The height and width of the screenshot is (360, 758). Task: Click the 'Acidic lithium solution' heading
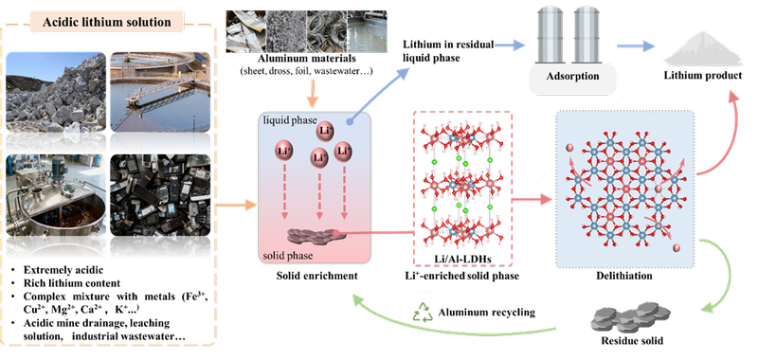tap(107, 22)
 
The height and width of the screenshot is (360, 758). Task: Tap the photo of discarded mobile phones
tap(160, 195)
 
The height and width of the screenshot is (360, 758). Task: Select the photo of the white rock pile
tap(56, 92)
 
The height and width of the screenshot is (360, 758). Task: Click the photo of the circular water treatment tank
tap(160, 92)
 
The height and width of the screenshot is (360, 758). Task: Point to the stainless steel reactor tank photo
tap(56, 195)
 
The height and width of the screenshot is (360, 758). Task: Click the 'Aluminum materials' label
tap(307, 59)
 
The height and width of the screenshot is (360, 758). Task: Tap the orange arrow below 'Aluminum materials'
tap(313, 92)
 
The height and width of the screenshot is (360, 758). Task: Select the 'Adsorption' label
tap(573, 76)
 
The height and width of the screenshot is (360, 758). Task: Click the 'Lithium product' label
tap(702, 76)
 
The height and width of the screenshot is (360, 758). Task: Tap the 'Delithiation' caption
tap(625, 276)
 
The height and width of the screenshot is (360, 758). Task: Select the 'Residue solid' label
tap(632, 341)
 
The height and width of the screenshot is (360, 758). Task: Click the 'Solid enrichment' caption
tap(316, 276)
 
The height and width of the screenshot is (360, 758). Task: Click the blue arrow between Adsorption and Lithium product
tap(636, 45)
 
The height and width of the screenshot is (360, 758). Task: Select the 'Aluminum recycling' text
tap(487, 313)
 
